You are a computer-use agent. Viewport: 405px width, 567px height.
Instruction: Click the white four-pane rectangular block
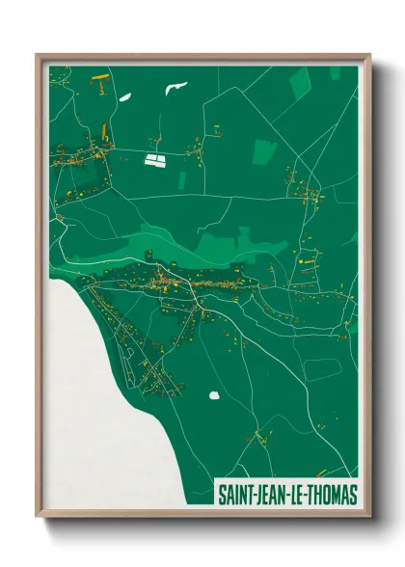tap(154, 159)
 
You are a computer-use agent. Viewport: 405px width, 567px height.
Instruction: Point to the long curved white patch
tap(175, 89)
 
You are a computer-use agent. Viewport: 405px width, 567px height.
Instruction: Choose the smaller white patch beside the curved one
tap(124, 95)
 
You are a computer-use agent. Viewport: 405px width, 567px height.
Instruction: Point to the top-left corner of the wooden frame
tap(38, 55)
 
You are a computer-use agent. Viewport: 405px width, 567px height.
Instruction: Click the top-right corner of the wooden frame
tap(369, 55)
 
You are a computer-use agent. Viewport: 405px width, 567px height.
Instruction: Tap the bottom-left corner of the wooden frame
tap(38, 517)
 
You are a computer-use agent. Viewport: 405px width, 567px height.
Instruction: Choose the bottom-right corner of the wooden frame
tap(369, 517)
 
